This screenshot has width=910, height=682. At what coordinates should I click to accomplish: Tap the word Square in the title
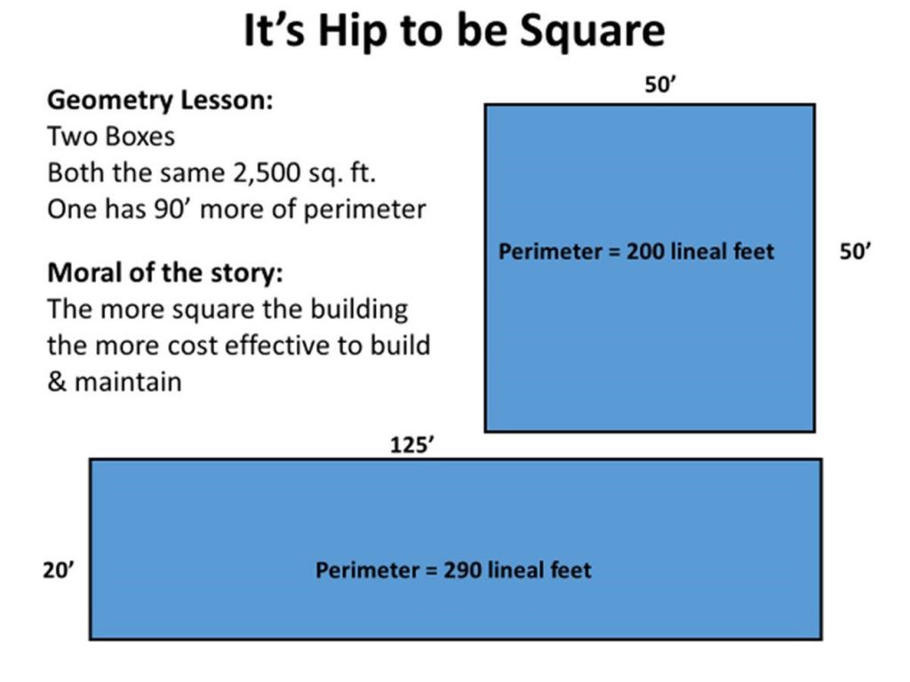pyautogui.click(x=594, y=33)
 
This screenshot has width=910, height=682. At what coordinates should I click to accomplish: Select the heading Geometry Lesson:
pyautogui.click(x=160, y=100)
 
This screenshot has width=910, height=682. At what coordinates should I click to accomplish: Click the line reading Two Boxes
pyautogui.click(x=111, y=138)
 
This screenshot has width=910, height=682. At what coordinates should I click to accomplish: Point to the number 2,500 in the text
pyautogui.click(x=267, y=172)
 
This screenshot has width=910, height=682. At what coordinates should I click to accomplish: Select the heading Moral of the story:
pyautogui.click(x=171, y=272)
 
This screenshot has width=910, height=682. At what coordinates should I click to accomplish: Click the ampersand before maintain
pyautogui.click(x=56, y=382)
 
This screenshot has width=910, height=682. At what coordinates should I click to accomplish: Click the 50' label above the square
pyautogui.click(x=662, y=86)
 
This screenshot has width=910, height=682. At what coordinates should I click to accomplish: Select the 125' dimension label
pyautogui.click(x=411, y=445)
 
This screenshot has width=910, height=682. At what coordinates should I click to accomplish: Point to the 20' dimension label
pyautogui.click(x=60, y=569)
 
